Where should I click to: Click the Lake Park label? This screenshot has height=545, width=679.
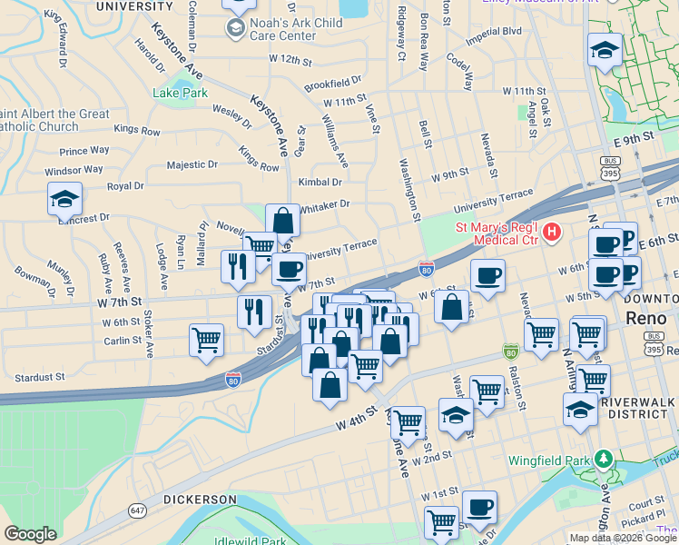[180, 93]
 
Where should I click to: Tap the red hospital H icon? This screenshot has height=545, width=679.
[552, 234]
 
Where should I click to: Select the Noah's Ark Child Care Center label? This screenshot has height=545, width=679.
[284, 30]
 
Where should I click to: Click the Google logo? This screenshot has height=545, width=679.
[30, 534]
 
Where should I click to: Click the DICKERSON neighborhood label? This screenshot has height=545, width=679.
[200, 500]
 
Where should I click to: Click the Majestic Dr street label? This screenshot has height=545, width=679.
[192, 165]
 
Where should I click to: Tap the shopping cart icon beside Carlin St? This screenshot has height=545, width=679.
[207, 340]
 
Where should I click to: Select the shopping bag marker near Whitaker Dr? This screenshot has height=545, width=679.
[282, 220]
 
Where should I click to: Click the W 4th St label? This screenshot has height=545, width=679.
[356, 419]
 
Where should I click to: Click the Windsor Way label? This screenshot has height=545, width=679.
[74, 170]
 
